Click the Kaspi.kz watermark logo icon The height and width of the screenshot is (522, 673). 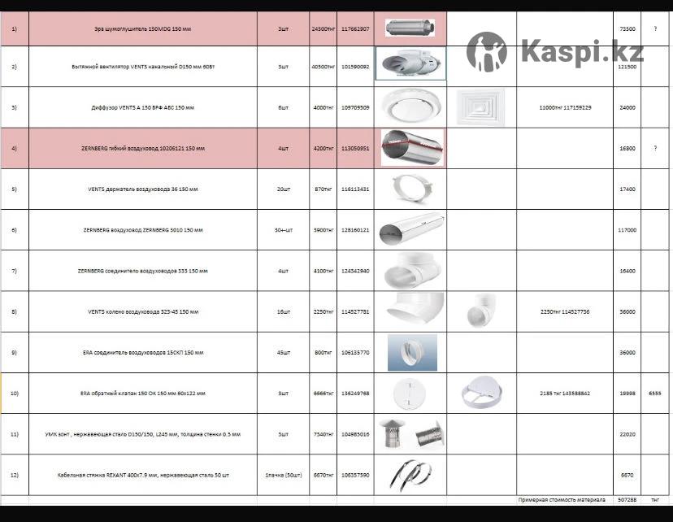click(x=487, y=52)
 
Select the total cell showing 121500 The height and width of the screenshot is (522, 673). click(x=627, y=67)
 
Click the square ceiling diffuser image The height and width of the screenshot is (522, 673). click(x=480, y=107)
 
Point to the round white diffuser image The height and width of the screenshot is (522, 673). click(x=410, y=107)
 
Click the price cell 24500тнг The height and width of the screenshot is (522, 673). click(x=323, y=28)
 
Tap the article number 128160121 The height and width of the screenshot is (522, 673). click(x=355, y=230)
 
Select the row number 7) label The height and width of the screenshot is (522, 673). click(x=14, y=271)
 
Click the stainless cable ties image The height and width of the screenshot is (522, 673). click(x=410, y=473)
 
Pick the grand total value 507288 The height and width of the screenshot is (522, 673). click(x=627, y=499)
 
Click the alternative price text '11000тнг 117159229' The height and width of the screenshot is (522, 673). click(x=565, y=107)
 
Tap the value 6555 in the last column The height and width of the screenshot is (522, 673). click(x=654, y=393)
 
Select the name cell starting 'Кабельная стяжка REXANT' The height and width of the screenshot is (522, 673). click(x=142, y=475)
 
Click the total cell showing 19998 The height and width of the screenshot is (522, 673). click(x=627, y=393)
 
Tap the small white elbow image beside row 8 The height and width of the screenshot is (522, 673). click(x=480, y=311)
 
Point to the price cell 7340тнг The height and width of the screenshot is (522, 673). click(x=323, y=434)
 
